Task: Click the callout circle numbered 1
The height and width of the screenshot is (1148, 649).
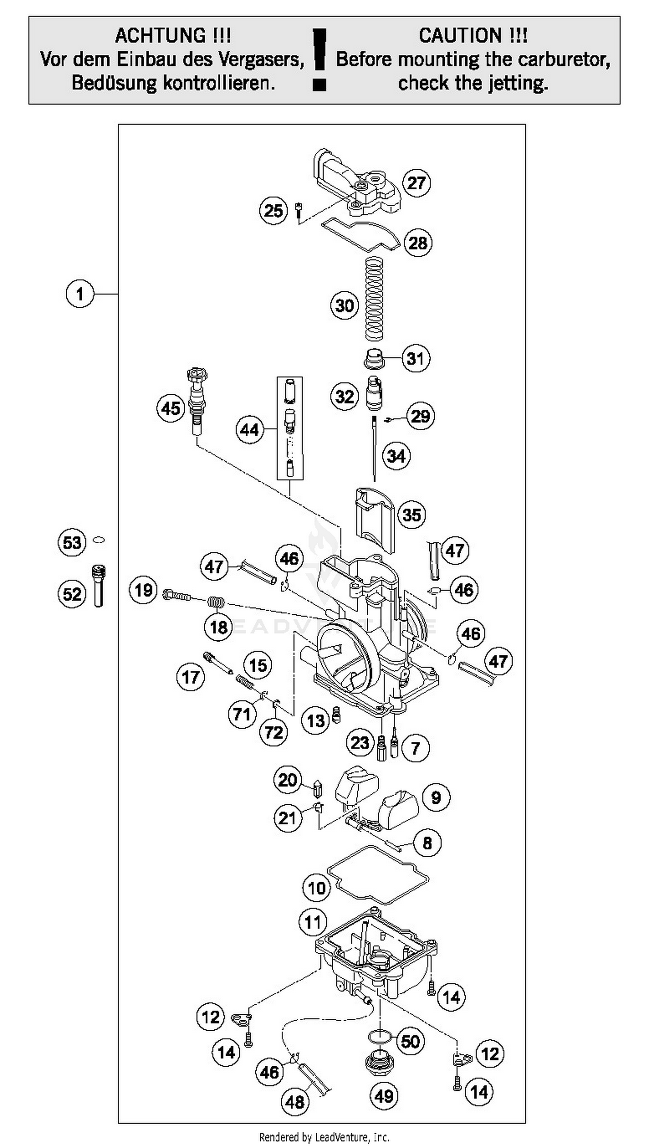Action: tap(80, 294)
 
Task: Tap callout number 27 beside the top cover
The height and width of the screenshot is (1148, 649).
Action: tap(416, 182)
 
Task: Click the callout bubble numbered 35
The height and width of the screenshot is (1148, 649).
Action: tap(411, 515)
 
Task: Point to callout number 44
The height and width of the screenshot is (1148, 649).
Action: tap(250, 430)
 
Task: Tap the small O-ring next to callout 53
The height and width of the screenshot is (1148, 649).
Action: tap(99, 540)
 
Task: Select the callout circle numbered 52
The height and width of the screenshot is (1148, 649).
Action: tap(72, 594)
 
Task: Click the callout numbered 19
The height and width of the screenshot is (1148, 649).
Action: tap(144, 590)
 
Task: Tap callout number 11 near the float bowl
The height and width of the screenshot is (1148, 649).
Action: tap(313, 922)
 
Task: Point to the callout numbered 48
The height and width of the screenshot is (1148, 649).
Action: tap(295, 1102)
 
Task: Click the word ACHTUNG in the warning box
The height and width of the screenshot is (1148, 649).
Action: tap(173, 35)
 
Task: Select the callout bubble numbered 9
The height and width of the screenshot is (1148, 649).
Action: tap(436, 797)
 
